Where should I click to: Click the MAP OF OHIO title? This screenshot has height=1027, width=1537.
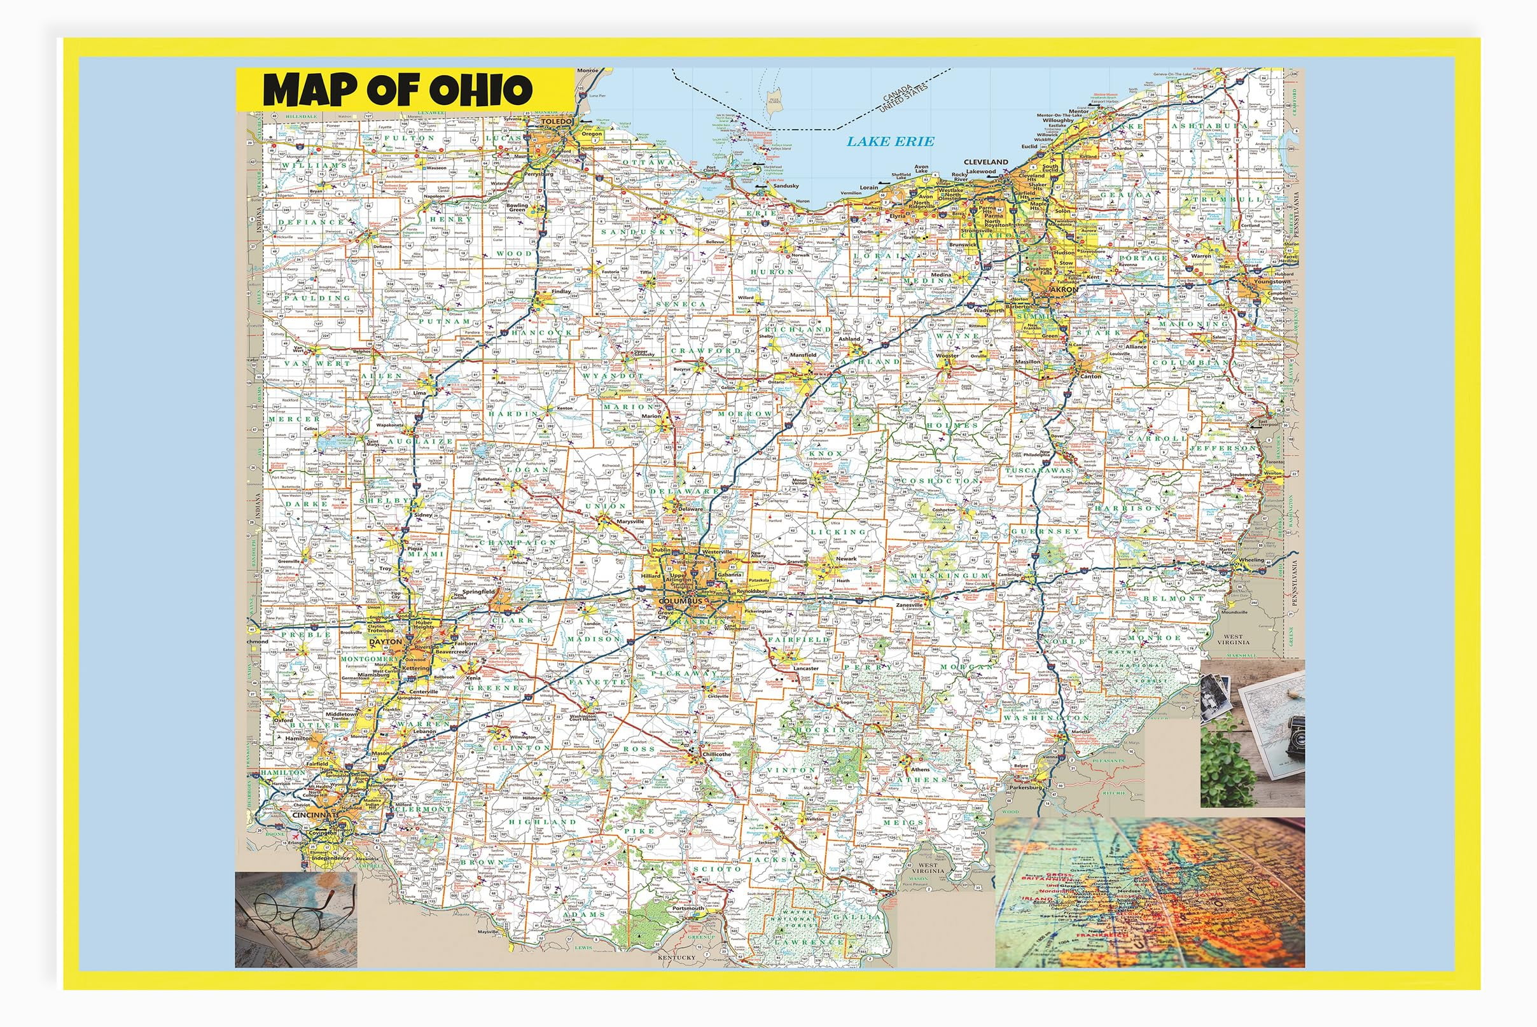(398, 90)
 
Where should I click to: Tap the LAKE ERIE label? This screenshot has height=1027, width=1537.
(891, 141)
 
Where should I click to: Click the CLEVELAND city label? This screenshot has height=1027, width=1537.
(985, 162)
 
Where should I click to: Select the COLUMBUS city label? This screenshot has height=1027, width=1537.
(680, 601)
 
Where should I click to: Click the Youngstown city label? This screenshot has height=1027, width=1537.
(1272, 282)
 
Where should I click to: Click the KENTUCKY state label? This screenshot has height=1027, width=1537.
(677, 958)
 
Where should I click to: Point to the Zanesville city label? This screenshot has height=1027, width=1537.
(909, 605)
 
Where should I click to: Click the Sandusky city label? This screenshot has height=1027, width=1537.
(785, 186)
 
